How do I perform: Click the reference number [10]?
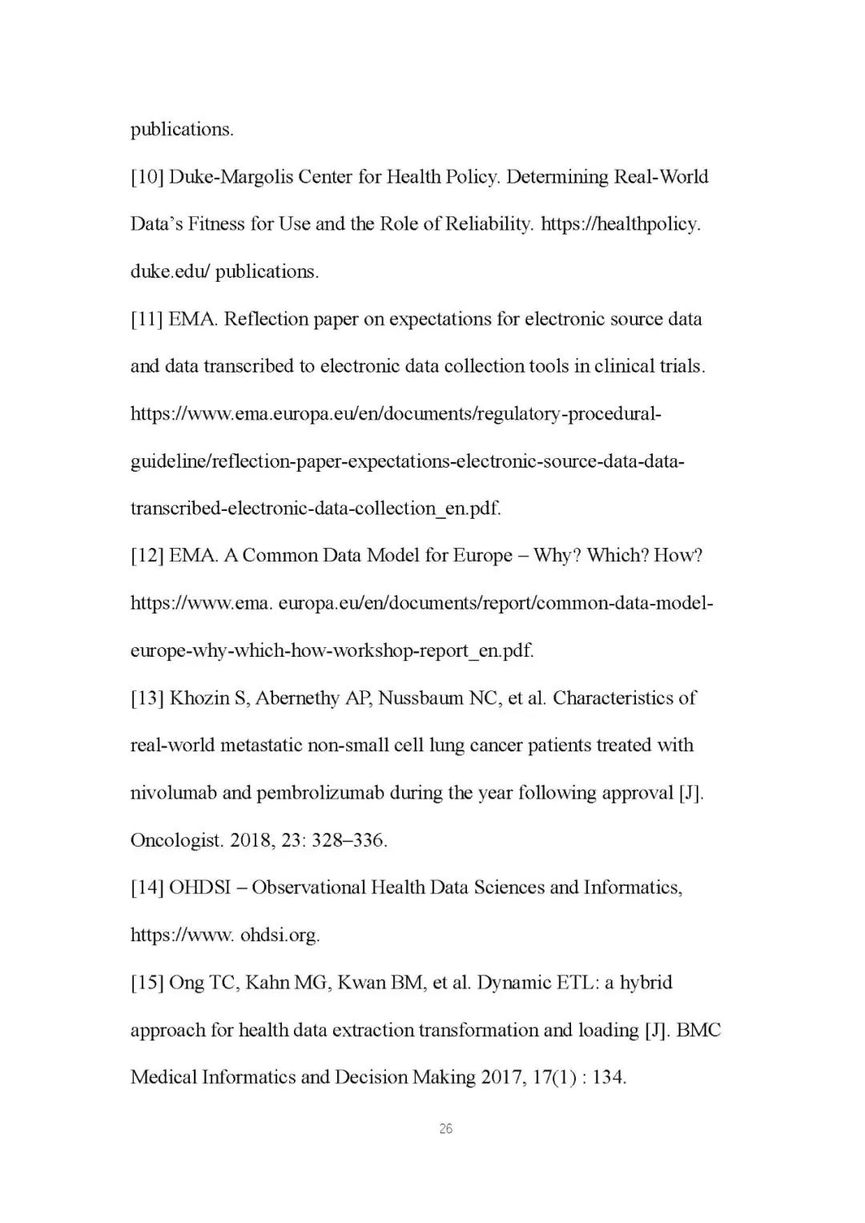point(147,177)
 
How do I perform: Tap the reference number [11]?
point(147,320)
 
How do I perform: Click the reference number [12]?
point(147,556)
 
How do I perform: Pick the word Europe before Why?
point(482,556)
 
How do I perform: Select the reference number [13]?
point(147,698)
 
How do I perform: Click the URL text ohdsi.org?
point(280,935)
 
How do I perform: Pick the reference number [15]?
point(147,983)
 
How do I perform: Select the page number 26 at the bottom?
point(446,1129)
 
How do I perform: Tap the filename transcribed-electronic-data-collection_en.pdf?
point(316,509)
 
